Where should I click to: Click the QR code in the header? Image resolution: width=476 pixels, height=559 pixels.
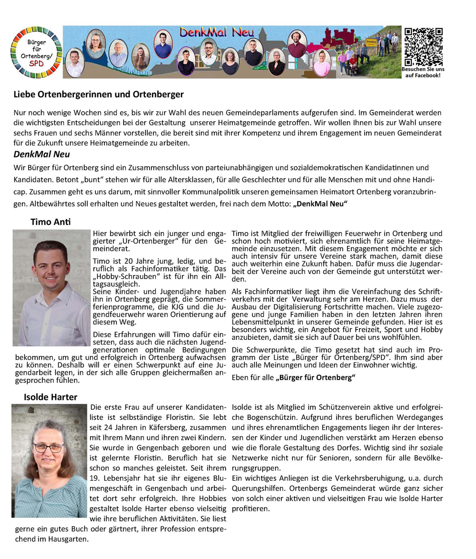pyautogui.click(x=423, y=47)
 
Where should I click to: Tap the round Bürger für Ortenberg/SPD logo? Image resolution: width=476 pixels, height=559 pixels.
pyautogui.click(x=37, y=52)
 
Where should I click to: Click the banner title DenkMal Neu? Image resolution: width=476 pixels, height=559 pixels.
pyautogui.click(x=217, y=32)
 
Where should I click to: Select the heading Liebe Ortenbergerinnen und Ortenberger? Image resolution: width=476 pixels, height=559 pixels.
pyautogui.click(x=98, y=94)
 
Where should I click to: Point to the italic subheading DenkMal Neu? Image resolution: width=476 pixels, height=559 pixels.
pyautogui.click(x=42, y=154)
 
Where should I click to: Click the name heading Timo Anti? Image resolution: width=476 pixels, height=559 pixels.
pyautogui.click(x=50, y=222)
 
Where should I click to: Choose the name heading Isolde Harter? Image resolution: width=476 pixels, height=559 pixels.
pyautogui.click(x=50, y=397)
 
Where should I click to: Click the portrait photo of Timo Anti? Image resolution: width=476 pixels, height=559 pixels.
pyautogui.click(x=51, y=288)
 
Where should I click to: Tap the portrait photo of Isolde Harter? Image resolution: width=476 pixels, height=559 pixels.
pyautogui.click(x=49, y=461)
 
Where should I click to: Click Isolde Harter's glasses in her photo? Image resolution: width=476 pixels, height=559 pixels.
pyautogui.click(x=48, y=448)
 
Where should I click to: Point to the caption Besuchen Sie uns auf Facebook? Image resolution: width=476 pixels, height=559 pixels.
pyautogui.click(x=423, y=72)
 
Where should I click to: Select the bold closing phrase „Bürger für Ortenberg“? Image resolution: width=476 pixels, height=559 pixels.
pyautogui.click(x=315, y=377)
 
